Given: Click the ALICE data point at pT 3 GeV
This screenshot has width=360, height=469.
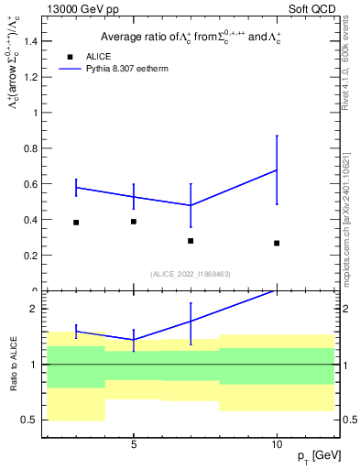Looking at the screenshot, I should (x=76, y=223).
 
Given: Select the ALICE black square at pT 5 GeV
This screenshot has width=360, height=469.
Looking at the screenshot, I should (x=134, y=222).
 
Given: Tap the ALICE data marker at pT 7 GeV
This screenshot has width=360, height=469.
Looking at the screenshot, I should (x=191, y=241).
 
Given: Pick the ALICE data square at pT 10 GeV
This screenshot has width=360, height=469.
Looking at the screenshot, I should (x=277, y=243).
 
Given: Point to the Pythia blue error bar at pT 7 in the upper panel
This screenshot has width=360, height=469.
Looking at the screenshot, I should (x=191, y=205).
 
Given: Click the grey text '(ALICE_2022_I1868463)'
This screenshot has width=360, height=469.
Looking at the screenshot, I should (x=191, y=274).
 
